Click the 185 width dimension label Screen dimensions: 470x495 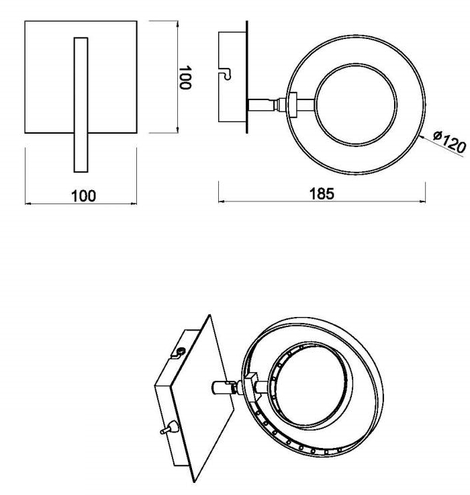321,194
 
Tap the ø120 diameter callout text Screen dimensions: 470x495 449,142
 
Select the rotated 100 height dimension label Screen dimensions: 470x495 185,78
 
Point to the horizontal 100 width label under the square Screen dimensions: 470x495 83,196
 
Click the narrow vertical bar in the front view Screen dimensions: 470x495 81,105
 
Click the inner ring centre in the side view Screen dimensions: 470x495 356,105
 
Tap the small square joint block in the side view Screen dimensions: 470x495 293,105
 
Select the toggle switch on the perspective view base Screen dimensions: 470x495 169,429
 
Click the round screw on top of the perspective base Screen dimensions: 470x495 181,351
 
